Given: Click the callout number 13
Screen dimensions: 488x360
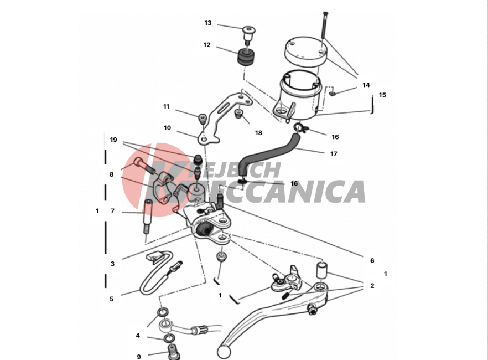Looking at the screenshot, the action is (x=208, y=23).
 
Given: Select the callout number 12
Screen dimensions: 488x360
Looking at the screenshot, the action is (x=207, y=45).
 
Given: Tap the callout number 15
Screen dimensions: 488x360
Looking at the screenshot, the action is (x=382, y=95).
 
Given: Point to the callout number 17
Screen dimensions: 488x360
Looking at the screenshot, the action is (x=334, y=154).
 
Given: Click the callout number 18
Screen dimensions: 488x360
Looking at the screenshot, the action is (x=258, y=133).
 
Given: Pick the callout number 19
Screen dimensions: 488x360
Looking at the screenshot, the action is (x=113, y=140).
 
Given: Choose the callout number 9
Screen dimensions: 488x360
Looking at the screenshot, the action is (x=139, y=357).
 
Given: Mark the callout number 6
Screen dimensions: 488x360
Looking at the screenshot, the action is (x=372, y=261).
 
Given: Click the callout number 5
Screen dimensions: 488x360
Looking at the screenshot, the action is (x=111, y=299).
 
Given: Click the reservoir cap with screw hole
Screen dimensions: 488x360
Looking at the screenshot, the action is (x=305, y=53).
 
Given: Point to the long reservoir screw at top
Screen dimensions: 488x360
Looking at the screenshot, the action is (x=324, y=25).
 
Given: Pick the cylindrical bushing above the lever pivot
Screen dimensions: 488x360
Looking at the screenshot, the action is (x=322, y=270).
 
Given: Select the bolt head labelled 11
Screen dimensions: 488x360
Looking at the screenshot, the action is (x=203, y=118).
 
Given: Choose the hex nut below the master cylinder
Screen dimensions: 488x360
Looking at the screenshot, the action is (x=221, y=256).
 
